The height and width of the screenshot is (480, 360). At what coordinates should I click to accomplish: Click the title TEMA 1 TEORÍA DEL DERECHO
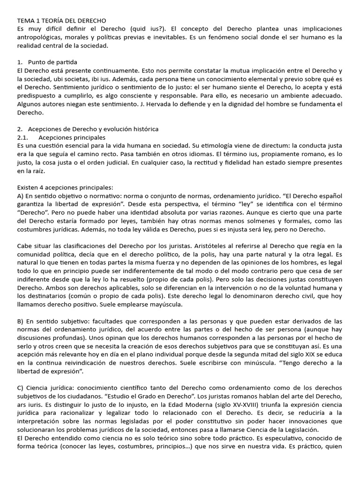click(61, 21)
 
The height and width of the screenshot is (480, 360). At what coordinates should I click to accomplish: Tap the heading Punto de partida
click(52, 62)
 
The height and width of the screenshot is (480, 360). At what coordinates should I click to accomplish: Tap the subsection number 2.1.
click(23, 137)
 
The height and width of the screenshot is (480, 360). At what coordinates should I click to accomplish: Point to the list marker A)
click(21, 195)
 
